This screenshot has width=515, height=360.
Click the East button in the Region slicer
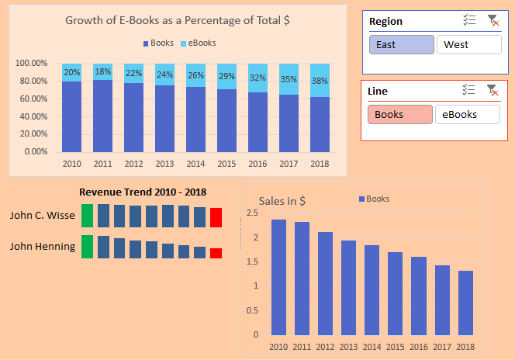(401, 44)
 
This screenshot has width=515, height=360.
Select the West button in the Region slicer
(468, 44)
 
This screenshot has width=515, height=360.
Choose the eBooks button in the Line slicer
(467, 114)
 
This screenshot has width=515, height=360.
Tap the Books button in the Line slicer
(399, 114)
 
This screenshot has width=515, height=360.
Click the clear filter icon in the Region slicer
(492, 21)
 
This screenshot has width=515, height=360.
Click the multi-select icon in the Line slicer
(468, 91)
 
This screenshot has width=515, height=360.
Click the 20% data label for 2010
(71, 73)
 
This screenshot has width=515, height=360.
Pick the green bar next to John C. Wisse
(87, 216)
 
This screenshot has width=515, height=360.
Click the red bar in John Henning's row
(216, 253)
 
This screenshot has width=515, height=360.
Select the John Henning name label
(43, 247)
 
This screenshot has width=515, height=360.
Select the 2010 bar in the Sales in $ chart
(278, 277)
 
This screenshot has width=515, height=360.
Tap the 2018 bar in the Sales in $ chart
(465, 303)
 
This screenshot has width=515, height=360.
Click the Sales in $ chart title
(282, 201)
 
